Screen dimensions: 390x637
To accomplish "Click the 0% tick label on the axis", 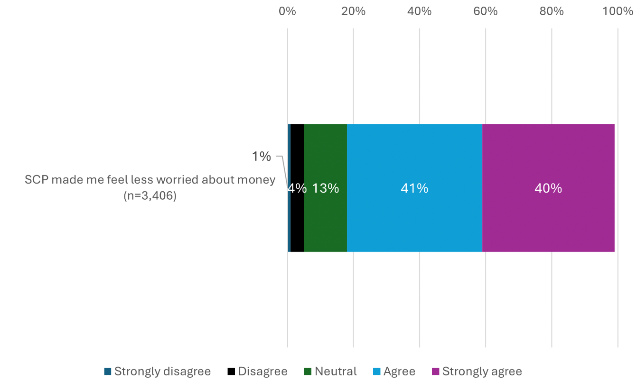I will (x=287, y=11).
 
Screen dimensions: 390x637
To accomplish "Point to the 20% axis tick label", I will (x=353, y=11).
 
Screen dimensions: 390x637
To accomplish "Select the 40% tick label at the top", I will (x=419, y=11).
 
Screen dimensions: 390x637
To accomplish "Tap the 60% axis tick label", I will (x=485, y=11).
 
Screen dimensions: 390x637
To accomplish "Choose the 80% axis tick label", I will (x=551, y=11).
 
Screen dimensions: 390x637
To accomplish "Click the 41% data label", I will (x=414, y=188).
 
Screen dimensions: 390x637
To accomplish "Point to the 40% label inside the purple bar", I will (x=548, y=188).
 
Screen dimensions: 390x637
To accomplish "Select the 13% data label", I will (x=325, y=188).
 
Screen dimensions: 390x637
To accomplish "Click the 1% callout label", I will (x=261, y=156).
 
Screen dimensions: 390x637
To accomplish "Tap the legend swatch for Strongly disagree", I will (x=108, y=371).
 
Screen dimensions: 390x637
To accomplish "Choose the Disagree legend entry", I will (x=257, y=371).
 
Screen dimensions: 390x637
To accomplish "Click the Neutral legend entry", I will (x=330, y=371).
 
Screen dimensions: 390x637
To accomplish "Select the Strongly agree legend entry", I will (x=477, y=371).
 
